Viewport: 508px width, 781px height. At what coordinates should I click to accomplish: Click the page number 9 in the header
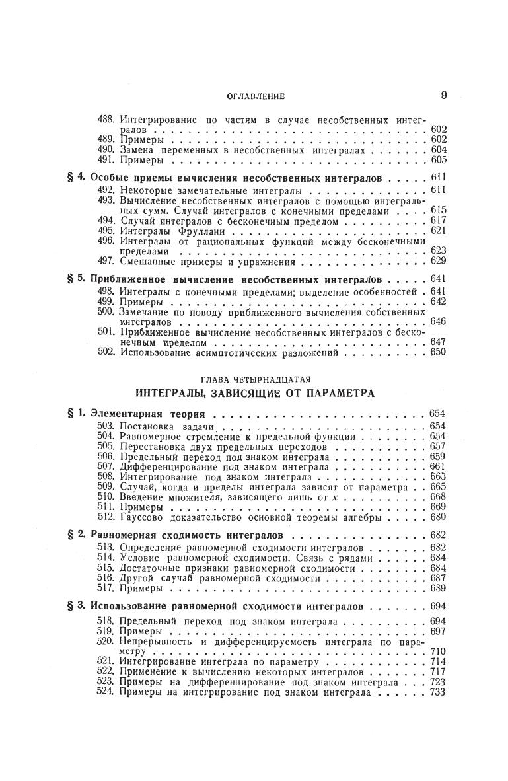[444, 95]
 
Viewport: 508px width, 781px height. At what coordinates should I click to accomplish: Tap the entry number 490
[106, 150]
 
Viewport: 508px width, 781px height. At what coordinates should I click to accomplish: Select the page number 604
[438, 150]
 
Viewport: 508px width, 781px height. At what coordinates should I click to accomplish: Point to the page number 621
[438, 231]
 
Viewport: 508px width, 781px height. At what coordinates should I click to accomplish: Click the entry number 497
[106, 261]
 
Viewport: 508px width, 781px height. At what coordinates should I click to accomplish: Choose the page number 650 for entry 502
[438, 352]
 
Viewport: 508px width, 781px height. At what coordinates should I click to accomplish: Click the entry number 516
[106, 577]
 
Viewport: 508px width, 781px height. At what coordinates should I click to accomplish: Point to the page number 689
[438, 588]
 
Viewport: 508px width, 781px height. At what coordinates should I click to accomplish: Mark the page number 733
[438, 692]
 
